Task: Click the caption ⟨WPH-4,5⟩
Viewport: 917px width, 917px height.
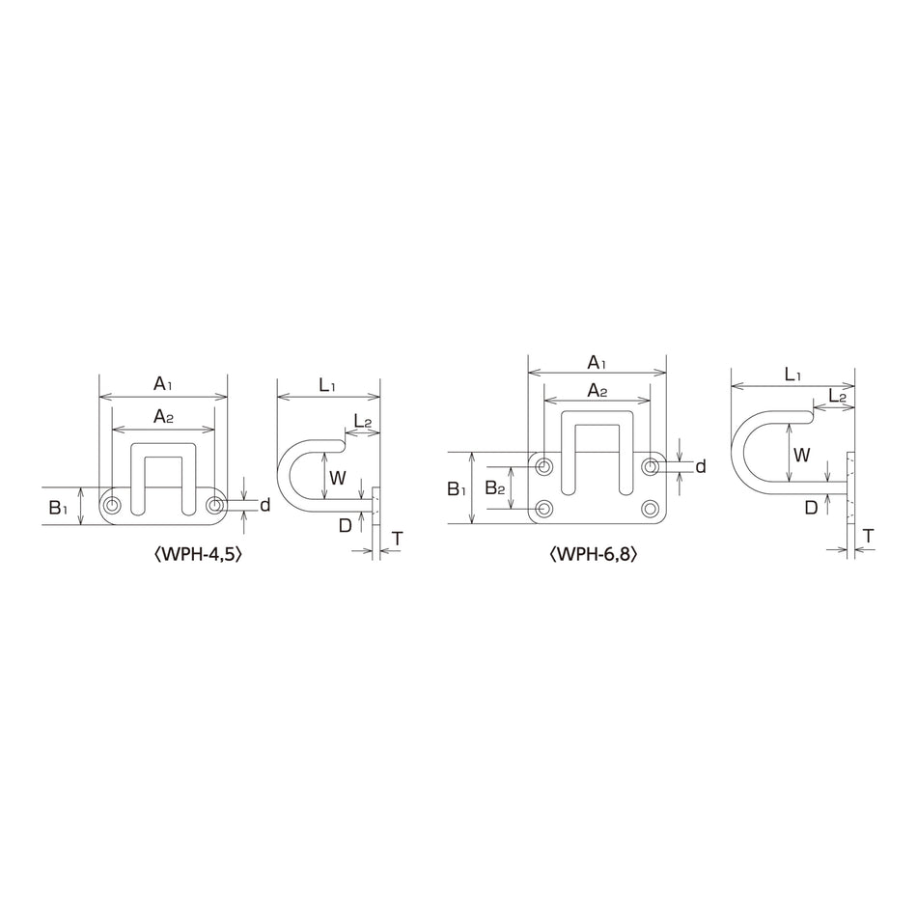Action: click(x=197, y=554)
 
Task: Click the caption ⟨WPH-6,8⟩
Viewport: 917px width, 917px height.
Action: click(x=593, y=554)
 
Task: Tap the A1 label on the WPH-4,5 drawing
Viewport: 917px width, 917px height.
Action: click(x=163, y=384)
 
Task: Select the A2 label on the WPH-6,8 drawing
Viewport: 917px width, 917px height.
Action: click(x=597, y=391)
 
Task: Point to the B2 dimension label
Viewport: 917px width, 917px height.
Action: click(x=495, y=487)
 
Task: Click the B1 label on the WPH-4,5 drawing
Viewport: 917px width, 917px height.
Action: click(x=58, y=508)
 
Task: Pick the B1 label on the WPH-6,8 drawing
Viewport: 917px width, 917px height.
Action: click(x=457, y=488)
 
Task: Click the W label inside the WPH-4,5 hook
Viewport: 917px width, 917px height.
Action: click(x=338, y=478)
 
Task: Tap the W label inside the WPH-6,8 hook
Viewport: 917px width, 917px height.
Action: click(x=802, y=455)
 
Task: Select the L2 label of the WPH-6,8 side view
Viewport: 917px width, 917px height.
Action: click(x=838, y=397)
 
